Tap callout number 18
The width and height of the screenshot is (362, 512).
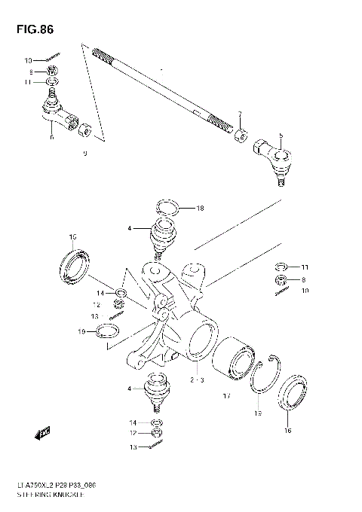point(201,208)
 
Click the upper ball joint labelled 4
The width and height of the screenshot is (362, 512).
point(163,235)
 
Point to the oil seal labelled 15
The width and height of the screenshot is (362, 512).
point(74,265)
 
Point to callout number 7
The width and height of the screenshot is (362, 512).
point(240,114)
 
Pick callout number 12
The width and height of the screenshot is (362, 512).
point(95,304)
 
